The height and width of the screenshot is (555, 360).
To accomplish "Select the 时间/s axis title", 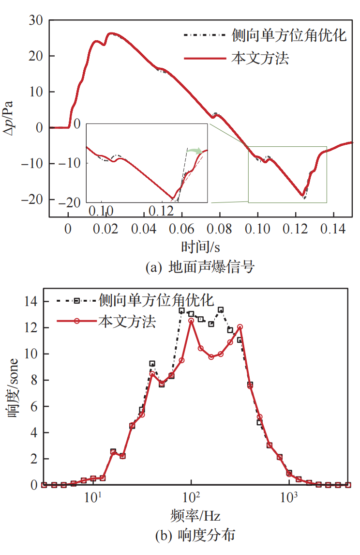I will pyautogui.click(x=201, y=247).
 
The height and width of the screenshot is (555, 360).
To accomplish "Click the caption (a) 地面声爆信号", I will pyautogui.click(x=200, y=267).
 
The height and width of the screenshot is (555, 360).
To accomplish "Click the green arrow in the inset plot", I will pyautogui.click(x=195, y=152).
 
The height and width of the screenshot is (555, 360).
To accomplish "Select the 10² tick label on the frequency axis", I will pyautogui.click(x=191, y=497).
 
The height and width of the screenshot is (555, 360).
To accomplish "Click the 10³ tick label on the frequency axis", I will pyautogui.click(x=289, y=497).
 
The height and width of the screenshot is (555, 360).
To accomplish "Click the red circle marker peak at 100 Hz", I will pyautogui.click(x=192, y=321).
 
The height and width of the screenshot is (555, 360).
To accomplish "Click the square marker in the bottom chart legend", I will pyautogui.click(x=76, y=301).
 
